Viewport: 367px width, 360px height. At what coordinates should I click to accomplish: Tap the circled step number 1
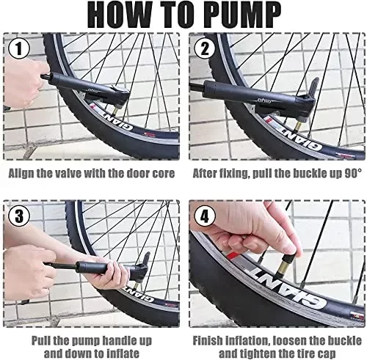(19, 48)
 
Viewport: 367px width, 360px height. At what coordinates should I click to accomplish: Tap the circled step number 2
(205, 48)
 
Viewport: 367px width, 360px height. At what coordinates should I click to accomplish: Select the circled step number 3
(19, 216)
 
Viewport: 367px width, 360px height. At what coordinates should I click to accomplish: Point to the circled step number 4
(205, 216)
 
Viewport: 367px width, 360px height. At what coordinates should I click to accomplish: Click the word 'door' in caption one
(137, 173)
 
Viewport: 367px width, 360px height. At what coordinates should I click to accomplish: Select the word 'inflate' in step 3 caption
(123, 353)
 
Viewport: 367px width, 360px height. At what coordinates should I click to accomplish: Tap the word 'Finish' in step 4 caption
(208, 341)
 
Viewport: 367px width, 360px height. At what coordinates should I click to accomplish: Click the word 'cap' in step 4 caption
(327, 353)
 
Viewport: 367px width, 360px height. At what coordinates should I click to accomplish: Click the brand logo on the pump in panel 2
(264, 100)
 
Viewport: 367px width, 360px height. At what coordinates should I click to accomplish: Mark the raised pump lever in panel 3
(146, 259)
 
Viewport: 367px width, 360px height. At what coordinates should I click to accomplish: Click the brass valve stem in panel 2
(299, 126)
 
